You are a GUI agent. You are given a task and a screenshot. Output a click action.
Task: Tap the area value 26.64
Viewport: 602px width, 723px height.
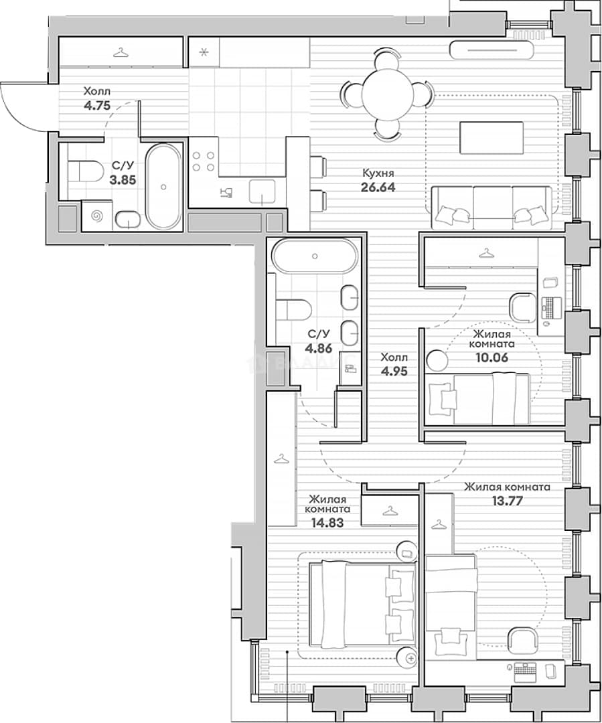click(378, 187)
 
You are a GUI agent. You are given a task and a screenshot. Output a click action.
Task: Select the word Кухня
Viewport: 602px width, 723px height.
click(378, 173)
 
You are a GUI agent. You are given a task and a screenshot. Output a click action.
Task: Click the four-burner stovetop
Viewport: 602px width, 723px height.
click(204, 161)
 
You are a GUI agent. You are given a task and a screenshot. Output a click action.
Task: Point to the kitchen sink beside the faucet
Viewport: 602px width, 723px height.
click(262, 192)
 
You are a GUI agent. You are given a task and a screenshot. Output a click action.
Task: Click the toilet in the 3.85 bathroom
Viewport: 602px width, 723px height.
click(85, 171)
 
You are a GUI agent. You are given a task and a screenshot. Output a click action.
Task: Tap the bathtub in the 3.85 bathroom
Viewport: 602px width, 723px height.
click(163, 187)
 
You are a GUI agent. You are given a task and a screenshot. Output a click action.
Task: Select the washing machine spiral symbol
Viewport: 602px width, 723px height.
click(97, 215)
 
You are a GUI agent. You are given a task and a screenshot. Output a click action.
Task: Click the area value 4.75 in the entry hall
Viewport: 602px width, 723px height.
click(97, 106)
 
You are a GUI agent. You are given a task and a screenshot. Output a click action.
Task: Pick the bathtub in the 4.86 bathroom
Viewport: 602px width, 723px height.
click(315, 256)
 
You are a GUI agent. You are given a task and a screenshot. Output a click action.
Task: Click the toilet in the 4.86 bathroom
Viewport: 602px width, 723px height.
click(293, 310)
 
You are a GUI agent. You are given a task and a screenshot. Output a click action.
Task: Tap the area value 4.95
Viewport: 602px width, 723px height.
click(394, 371)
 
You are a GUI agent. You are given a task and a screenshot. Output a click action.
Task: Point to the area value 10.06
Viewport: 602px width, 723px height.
click(492, 357)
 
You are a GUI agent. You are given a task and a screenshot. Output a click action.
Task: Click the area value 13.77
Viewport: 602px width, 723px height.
click(507, 501)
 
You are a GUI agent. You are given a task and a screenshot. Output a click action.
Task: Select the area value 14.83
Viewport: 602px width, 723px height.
click(327, 522)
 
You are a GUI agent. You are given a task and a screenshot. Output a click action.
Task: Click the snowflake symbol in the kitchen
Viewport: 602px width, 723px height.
click(204, 52)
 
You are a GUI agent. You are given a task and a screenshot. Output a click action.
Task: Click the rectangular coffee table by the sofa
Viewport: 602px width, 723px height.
click(492, 138)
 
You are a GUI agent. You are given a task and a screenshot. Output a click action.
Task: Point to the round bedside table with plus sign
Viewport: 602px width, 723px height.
click(408, 659)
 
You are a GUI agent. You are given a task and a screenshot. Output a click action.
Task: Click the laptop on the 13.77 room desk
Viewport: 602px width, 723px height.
click(526, 670)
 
